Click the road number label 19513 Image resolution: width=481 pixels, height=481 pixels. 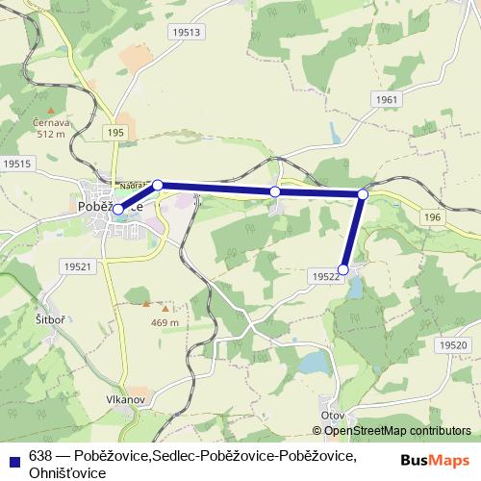tap(188, 32)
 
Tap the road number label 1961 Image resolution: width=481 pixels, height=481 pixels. tap(387, 100)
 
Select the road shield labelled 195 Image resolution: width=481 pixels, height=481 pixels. tap(116, 132)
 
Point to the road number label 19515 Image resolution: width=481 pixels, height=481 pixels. tap(17, 165)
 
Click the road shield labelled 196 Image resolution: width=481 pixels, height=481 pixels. tap(431, 218)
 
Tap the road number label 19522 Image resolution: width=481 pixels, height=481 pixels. tap(326, 276)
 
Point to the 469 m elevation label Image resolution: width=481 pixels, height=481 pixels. tap(165, 323)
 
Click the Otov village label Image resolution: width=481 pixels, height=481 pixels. tap(333, 415)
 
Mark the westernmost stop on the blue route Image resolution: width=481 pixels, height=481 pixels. tap(118, 209)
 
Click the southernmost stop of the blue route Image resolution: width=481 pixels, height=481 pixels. tap(344, 268)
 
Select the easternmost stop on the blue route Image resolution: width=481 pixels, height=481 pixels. tap(363, 194)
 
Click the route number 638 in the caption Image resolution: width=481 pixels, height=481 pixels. tap(40, 455)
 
